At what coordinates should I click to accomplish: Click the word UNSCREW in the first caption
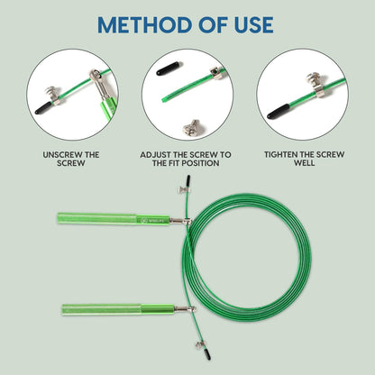coord(62,155)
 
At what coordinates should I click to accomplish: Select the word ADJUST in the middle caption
coord(155,155)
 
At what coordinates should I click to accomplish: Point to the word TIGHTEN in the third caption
coord(281,154)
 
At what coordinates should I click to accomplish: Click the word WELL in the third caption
coord(305,163)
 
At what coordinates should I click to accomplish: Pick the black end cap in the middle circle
coord(168,69)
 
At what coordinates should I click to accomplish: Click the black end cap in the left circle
coord(44,108)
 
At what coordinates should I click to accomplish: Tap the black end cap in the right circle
coord(278,112)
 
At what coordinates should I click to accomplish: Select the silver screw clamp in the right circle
coord(316,85)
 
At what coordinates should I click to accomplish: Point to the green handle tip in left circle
coord(108,107)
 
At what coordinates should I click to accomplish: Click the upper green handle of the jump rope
coord(114,218)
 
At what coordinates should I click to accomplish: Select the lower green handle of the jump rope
coord(118,309)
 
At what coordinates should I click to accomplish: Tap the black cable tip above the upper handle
coord(188,180)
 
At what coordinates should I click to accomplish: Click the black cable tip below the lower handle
coord(208,354)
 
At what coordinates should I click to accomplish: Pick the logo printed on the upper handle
coord(152,220)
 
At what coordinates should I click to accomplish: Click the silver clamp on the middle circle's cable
coord(217,73)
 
